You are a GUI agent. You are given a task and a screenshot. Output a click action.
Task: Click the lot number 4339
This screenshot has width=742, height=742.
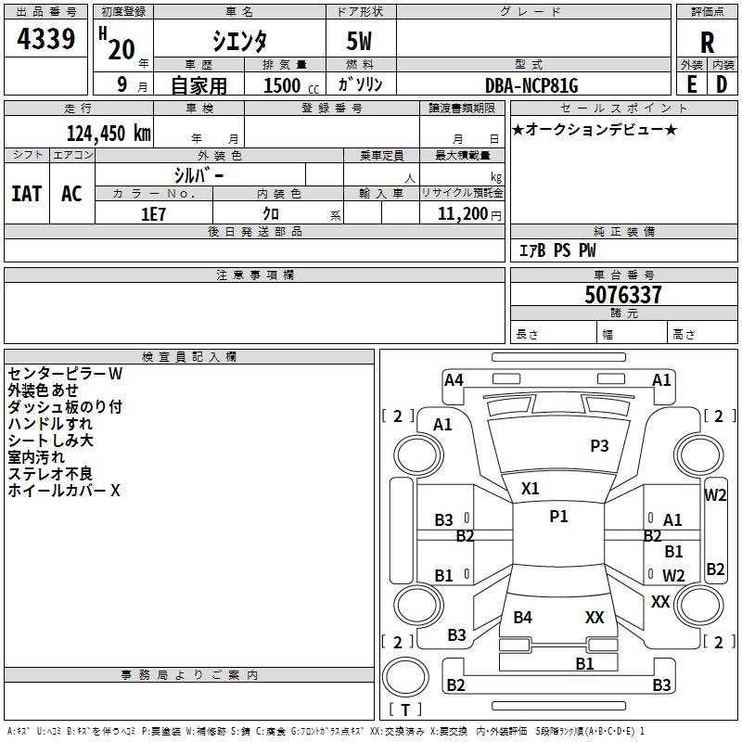pyautogui.click(x=45, y=39)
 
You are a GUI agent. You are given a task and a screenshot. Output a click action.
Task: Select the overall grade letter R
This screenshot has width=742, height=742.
pyautogui.click(x=707, y=43)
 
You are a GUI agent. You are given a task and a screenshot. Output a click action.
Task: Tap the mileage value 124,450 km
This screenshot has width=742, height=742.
pyautogui.click(x=109, y=134)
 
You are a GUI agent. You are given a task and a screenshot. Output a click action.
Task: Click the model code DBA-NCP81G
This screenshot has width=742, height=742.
pyautogui.click(x=531, y=85)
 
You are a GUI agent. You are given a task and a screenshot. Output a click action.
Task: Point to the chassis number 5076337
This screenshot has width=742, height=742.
pyautogui.click(x=622, y=295)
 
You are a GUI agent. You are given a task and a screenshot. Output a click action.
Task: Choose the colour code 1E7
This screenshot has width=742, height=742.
pyautogui.click(x=153, y=214)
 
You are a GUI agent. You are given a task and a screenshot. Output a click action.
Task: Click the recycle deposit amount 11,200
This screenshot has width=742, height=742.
pyautogui.click(x=462, y=214)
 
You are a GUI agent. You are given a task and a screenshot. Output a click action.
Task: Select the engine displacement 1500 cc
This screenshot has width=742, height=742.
pyautogui.click(x=291, y=85)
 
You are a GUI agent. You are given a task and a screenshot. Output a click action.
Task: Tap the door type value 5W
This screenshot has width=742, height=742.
pyautogui.click(x=359, y=41)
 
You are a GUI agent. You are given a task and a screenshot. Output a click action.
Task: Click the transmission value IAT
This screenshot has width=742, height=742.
pyautogui.click(x=27, y=194)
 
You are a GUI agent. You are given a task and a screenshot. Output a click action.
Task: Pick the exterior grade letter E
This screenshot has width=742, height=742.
pyautogui.click(x=692, y=84)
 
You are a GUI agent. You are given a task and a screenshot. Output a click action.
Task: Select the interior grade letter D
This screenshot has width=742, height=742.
pyautogui.click(x=722, y=84)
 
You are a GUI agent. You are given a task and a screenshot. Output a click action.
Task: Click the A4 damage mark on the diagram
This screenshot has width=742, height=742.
pyautogui.click(x=454, y=380)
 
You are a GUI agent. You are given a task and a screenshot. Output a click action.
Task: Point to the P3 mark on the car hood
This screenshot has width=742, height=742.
pyautogui.click(x=599, y=445)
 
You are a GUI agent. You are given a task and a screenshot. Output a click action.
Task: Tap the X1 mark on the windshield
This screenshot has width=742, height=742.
pyautogui.click(x=530, y=489)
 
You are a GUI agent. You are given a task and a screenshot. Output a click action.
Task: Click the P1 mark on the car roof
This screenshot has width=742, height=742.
pyautogui.click(x=558, y=517)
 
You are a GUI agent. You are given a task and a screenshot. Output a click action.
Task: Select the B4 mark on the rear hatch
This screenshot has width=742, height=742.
pyautogui.click(x=522, y=617)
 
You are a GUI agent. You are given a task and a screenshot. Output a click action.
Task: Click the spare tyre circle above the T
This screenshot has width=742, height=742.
pyautogui.click(x=405, y=678)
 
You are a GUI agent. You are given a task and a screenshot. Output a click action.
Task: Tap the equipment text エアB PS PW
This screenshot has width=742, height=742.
pyautogui.click(x=557, y=250)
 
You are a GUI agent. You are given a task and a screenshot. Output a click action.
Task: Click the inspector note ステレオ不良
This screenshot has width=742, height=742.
pyautogui.click(x=50, y=474)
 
